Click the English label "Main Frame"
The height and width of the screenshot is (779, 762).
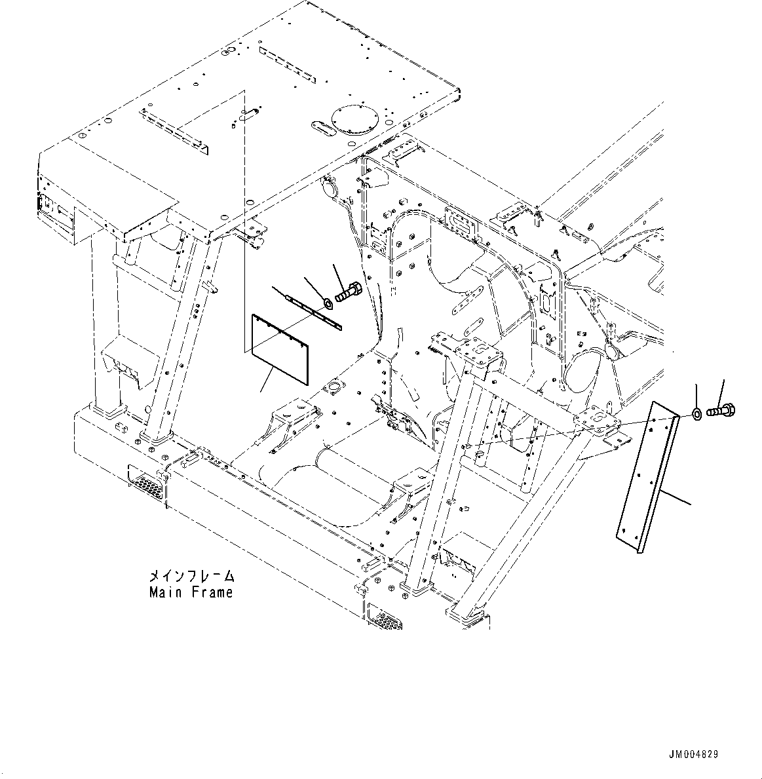point(191,592)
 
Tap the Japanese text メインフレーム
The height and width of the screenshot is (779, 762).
point(191,577)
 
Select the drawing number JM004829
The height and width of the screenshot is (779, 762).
point(693,755)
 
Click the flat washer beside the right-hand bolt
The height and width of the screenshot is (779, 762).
point(697,414)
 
